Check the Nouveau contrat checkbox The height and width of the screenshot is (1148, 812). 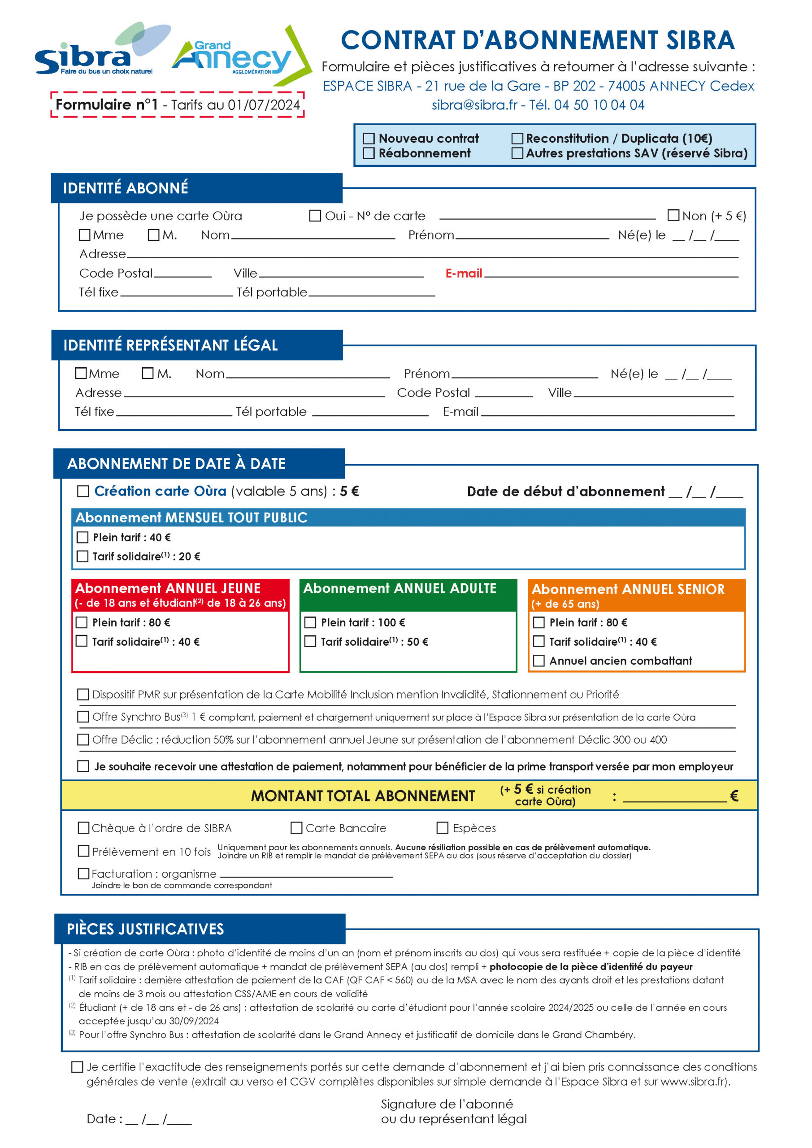pyautogui.click(x=369, y=139)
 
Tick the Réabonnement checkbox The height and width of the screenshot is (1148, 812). pyautogui.click(x=369, y=153)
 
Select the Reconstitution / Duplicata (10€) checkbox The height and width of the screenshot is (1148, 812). pyautogui.click(x=517, y=139)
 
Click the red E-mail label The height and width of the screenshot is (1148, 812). pyautogui.click(x=464, y=274)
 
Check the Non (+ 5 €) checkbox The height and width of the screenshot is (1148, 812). pyautogui.click(x=673, y=216)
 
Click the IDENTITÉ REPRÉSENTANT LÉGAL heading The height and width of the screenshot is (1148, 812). pyautogui.click(x=170, y=345)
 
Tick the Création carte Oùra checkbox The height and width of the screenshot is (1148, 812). pyautogui.click(x=83, y=491)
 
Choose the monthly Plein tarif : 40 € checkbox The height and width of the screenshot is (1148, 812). pyautogui.click(x=83, y=538)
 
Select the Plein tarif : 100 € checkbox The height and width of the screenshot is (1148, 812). pyautogui.click(x=311, y=622)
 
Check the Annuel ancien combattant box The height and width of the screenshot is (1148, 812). pyautogui.click(x=539, y=661)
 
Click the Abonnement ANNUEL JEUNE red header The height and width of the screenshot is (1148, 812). pyautogui.click(x=180, y=595)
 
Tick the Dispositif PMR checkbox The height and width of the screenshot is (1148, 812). pyautogui.click(x=83, y=695)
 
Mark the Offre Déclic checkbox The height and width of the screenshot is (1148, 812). pyautogui.click(x=83, y=739)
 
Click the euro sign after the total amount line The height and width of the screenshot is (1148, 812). pyautogui.click(x=734, y=796)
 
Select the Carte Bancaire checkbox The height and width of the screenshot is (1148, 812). pyautogui.click(x=296, y=828)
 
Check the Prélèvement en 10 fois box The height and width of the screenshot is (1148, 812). pyautogui.click(x=83, y=851)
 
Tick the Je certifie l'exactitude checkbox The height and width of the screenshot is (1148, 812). pyautogui.click(x=78, y=1067)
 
